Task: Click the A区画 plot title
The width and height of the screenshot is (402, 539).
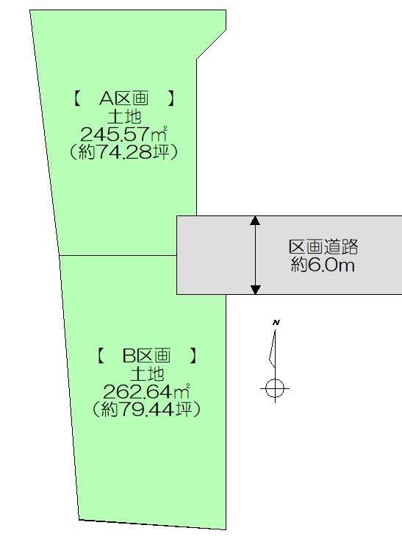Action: [x=124, y=99]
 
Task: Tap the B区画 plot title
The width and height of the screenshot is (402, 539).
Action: [x=147, y=355]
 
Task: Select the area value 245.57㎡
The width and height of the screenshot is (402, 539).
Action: [x=124, y=134]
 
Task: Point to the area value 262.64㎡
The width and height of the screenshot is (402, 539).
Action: [x=147, y=391]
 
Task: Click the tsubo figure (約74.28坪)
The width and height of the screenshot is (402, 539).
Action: [x=123, y=151]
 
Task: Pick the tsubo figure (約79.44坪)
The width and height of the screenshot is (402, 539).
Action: [x=147, y=409]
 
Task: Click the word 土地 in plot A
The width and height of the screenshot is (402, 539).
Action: [x=124, y=116]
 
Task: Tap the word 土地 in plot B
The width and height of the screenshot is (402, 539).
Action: [x=147, y=374]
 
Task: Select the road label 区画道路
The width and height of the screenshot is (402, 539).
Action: [x=323, y=247]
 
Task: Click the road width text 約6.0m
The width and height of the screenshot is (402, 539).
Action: [x=323, y=265]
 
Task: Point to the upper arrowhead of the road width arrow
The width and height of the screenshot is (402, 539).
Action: [x=255, y=221]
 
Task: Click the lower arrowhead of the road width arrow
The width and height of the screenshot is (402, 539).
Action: [x=255, y=290]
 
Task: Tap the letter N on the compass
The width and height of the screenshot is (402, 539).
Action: [x=276, y=322]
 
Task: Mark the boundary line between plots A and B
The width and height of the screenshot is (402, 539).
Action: [x=118, y=255]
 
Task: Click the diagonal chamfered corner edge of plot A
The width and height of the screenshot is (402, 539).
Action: [x=212, y=44]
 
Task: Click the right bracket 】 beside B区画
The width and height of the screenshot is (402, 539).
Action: [x=194, y=355]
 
